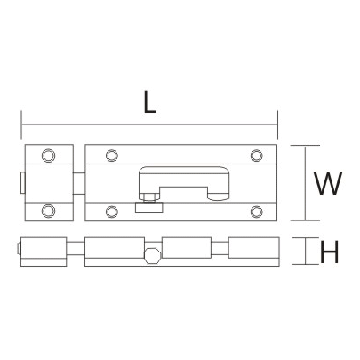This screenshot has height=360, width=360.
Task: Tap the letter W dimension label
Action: [x=326, y=184]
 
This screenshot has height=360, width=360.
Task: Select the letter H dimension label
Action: [x=328, y=253]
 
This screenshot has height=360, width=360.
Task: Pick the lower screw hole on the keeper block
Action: [x=48, y=212]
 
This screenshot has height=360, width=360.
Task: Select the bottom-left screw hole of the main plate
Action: [x=110, y=211]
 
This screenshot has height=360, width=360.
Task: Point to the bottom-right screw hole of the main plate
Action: [x=256, y=211]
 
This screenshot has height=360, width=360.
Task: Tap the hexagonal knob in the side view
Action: [x=153, y=256]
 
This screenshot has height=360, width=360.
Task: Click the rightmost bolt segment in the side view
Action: [x=254, y=252]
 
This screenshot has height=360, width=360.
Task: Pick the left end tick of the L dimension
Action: [x=20, y=124]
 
